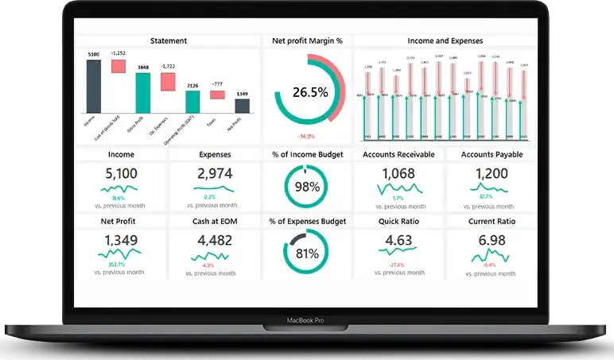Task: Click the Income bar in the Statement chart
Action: (94, 86)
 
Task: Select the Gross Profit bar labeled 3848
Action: (143, 92)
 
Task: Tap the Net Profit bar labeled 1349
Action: (242, 105)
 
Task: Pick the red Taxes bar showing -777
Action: (217, 95)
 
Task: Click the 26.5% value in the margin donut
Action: (310, 92)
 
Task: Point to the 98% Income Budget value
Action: (307, 187)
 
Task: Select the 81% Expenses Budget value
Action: (307, 254)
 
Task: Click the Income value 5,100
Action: (121, 174)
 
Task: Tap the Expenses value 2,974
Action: (215, 174)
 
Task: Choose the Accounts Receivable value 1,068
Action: (398, 174)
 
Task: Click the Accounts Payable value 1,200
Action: (492, 174)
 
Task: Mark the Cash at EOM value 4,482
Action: (215, 241)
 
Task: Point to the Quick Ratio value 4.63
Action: (398, 241)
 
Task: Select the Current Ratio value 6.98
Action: (492, 241)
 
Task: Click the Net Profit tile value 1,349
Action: (121, 241)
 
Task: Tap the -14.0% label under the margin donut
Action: (307, 136)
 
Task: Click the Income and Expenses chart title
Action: (445, 41)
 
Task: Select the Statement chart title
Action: (169, 41)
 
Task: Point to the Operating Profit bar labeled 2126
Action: (192, 101)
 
